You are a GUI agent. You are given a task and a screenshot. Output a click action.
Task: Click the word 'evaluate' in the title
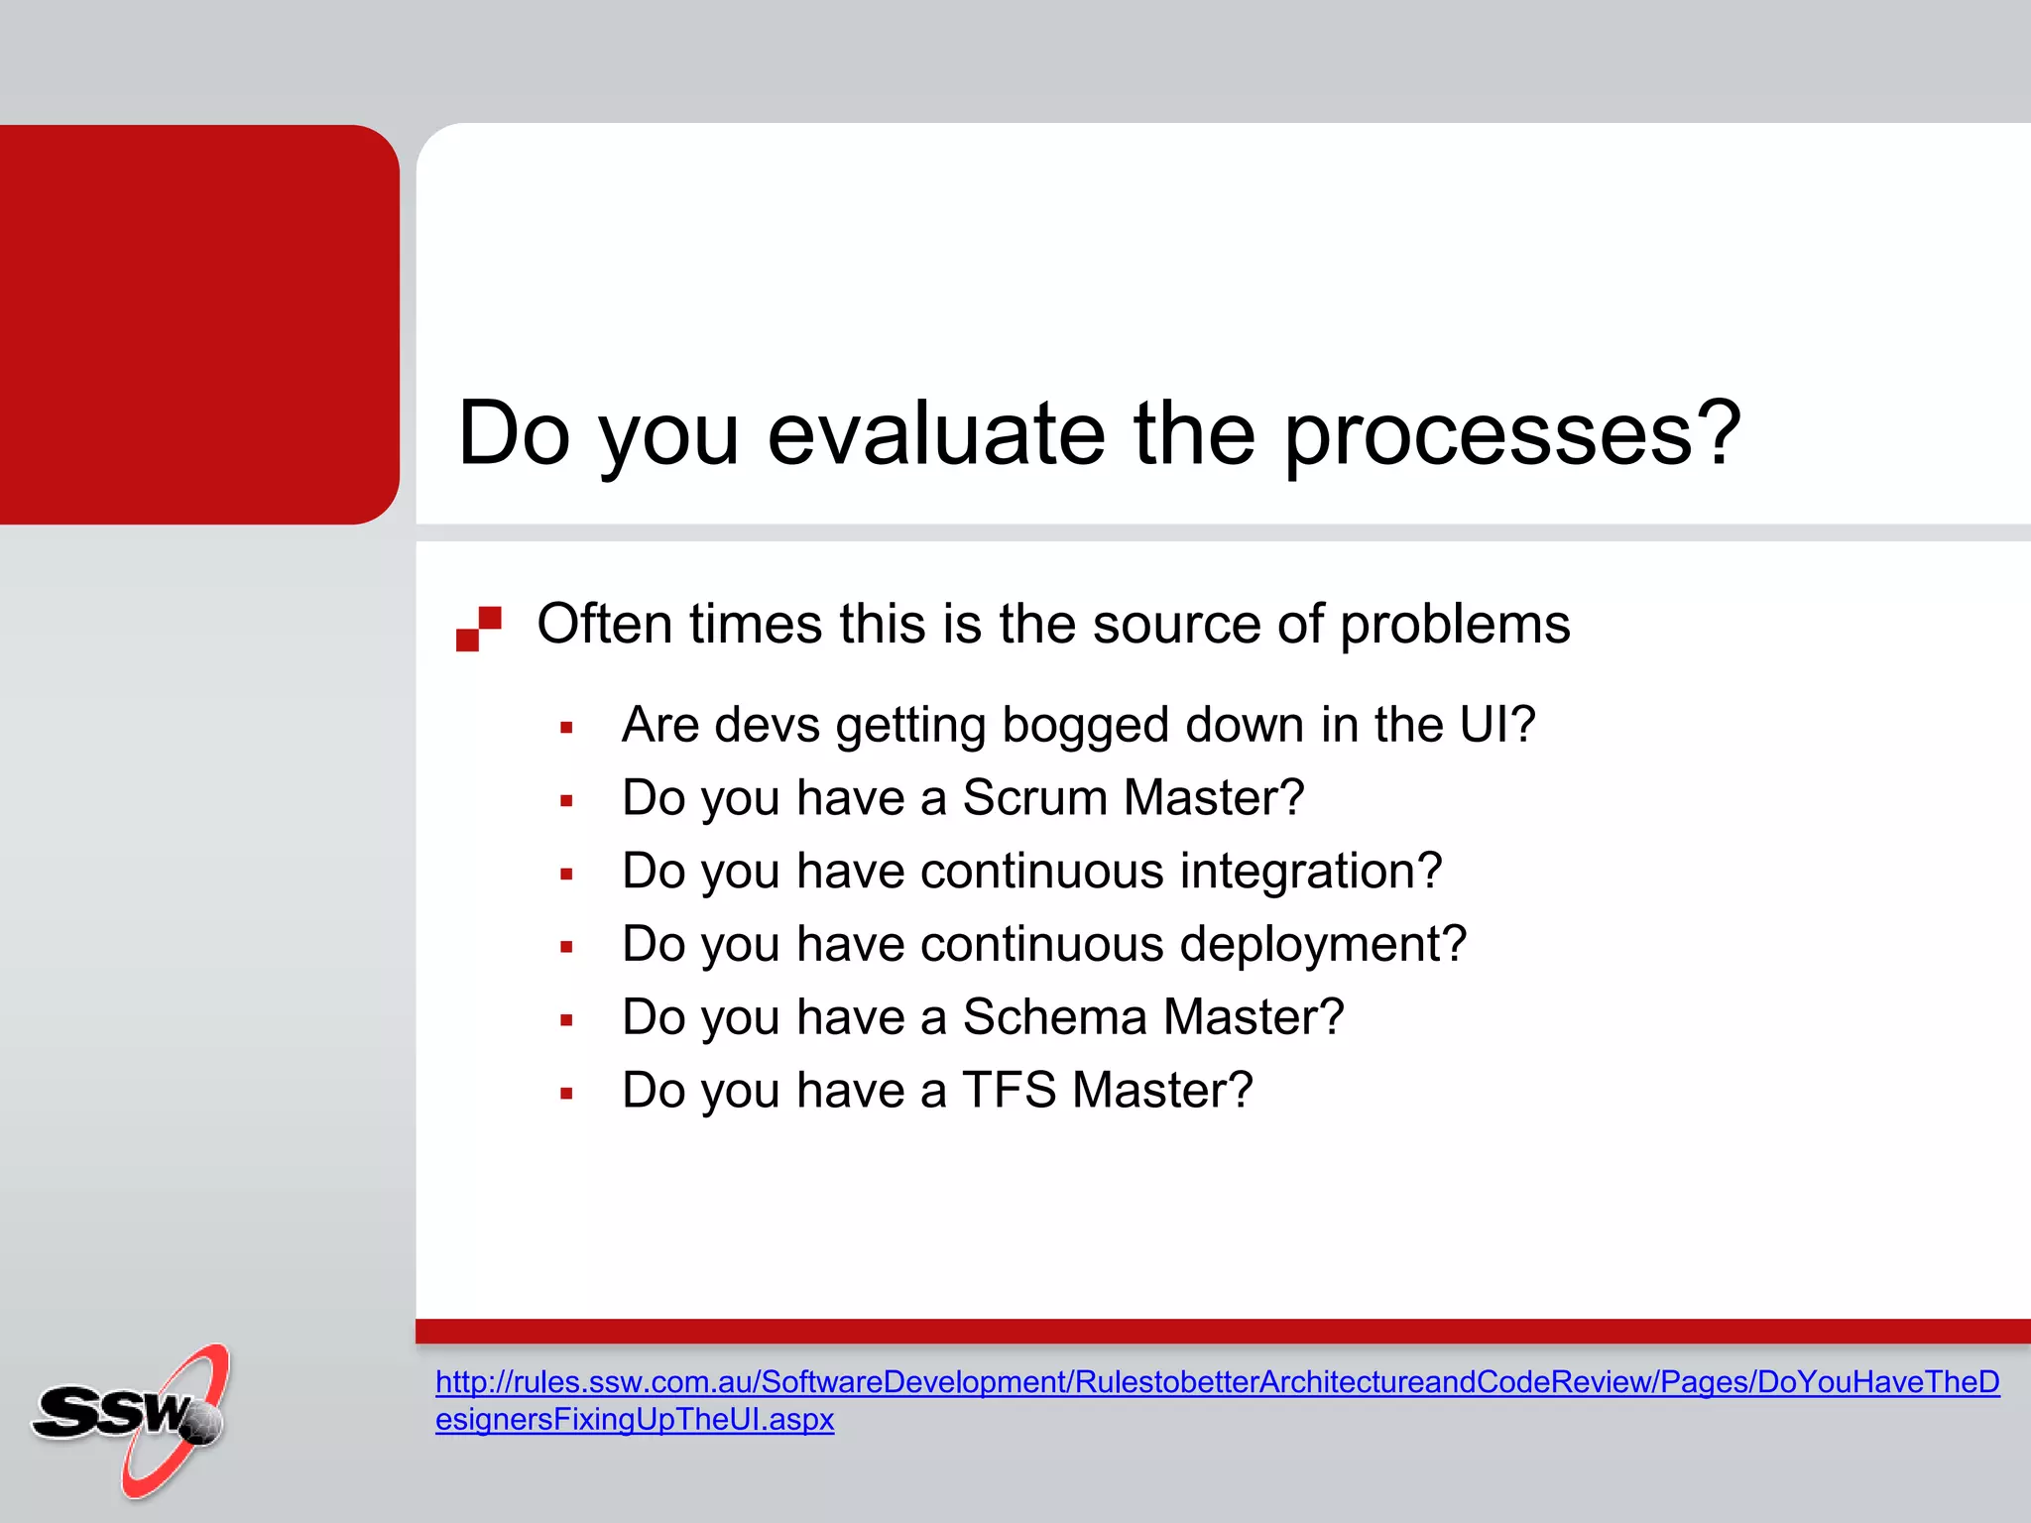coord(935,433)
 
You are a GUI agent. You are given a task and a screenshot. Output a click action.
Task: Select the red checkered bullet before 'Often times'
coord(479,629)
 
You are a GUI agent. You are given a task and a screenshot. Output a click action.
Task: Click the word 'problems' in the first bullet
coord(1455,626)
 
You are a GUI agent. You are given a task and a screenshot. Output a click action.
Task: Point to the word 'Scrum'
coord(1034,798)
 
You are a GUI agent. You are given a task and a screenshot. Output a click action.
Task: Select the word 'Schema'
coord(1054,1017)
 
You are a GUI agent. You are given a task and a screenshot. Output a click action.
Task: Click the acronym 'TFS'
coord(1009,1091)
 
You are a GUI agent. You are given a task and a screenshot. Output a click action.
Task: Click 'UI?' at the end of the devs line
coord(1496,725)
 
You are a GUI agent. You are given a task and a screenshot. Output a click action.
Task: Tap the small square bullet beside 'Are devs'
coord(566,728)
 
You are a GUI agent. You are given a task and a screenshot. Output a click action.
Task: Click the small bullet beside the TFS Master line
coord(566,1094)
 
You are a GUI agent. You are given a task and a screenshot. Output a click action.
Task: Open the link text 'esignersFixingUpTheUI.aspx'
coord(635,1420)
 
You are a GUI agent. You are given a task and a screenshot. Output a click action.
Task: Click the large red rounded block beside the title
coord(198,323)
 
